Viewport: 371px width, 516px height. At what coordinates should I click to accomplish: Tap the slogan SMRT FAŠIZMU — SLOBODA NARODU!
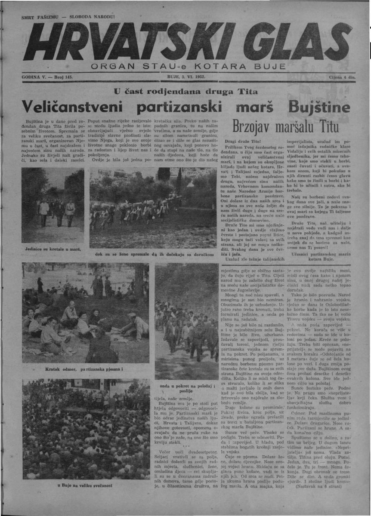pos(68,17)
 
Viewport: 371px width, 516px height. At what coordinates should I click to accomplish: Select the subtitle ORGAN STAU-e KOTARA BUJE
pos(188,66)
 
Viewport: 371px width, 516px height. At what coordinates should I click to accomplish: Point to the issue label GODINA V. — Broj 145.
pos(47,77)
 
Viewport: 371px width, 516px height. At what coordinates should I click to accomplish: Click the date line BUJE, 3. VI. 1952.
pos(186,77)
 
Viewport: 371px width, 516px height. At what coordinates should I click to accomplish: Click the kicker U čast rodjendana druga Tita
pos(186,91)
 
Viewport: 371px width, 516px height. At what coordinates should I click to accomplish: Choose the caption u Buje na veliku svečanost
pos(85,485)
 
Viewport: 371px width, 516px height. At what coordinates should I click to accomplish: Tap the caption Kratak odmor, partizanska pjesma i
pos(84,369)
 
